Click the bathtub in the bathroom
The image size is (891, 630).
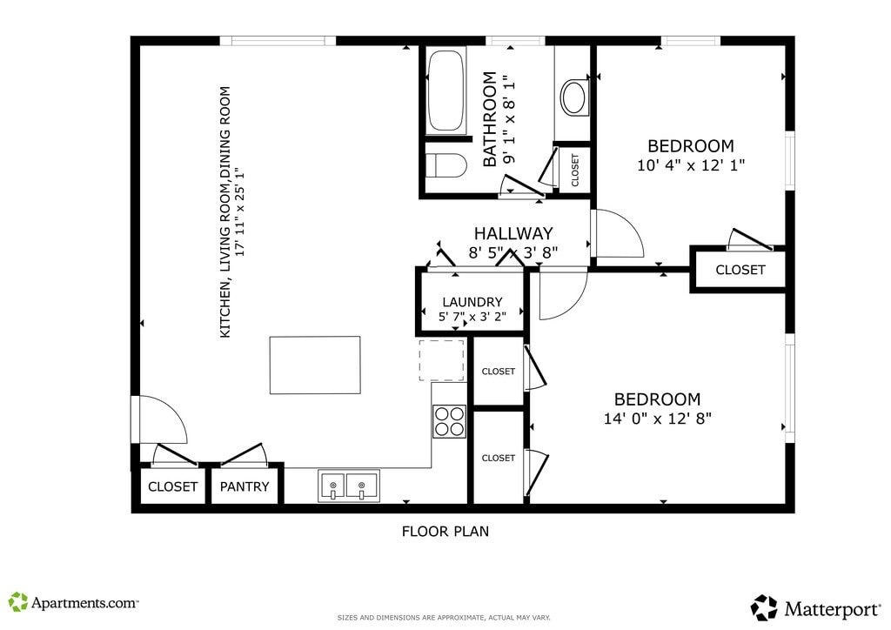click(x=445, y=91)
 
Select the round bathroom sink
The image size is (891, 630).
click(x=573, y=97)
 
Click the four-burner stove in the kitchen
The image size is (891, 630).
click(x=449, y=421)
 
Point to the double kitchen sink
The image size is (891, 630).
click(x=348, y=485)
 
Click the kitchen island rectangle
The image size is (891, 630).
click(x=314, y=365)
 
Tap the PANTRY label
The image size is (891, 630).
click(x=245, y=486)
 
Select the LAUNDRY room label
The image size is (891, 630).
click(x=472, y=302)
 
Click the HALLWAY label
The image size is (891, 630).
click(x=513, y=233)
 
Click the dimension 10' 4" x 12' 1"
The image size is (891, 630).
click(x=691, y=164)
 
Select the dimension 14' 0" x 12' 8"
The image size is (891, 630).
click(x=658, y=418)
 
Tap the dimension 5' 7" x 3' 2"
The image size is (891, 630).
click(x=472, y=317)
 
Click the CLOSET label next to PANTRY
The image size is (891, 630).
click(x=173, y=486)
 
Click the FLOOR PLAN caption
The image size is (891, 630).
click(x=445, y=531)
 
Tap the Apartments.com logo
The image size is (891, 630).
click(x=74, y=601)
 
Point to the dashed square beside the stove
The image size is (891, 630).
click(x=442, y=360)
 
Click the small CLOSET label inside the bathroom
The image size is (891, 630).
click(x=575, y=170)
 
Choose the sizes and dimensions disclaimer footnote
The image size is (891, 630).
click(x=444, y=618)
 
